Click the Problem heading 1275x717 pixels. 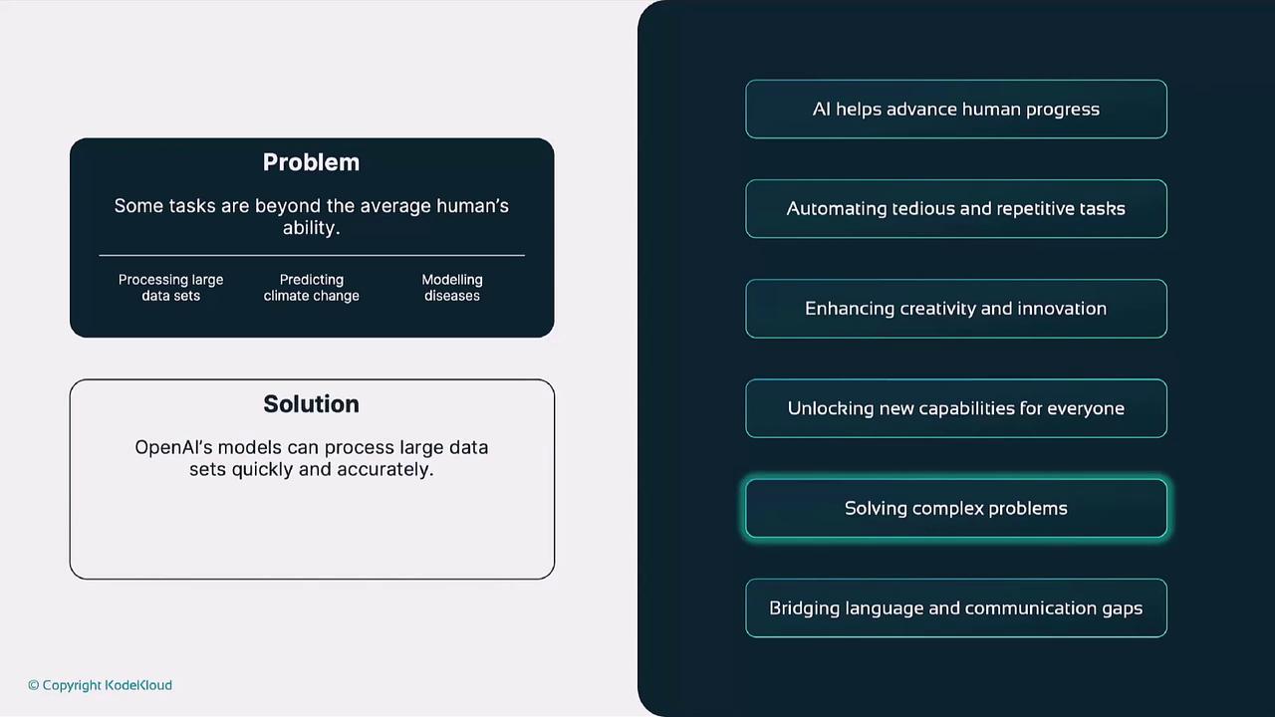tap(312, 162)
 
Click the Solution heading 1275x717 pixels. tap(312, 404)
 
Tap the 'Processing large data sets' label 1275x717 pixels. tap(170, 288)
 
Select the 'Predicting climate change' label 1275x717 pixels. tap(312, 288)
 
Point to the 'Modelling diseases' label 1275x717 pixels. tap(452, 288)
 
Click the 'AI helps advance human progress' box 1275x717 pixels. tap(956, 110)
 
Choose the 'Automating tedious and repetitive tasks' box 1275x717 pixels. tap(956, 209)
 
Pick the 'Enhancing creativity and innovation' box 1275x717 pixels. tap(956, 309)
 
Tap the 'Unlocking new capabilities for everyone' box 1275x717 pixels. tap(956, 408)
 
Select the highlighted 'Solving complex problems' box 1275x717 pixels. tap(956, 508)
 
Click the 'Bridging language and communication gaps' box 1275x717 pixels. tap(956, 608)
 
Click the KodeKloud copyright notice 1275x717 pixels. tap(101, 686)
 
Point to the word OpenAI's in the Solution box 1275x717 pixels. tap(173, 448)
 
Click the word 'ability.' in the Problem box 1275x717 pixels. tap(312, 228)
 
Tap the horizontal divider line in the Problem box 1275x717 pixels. tap(312, 256)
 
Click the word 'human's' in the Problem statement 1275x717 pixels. tap(472, 205)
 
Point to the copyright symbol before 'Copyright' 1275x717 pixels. tap(34, 685)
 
